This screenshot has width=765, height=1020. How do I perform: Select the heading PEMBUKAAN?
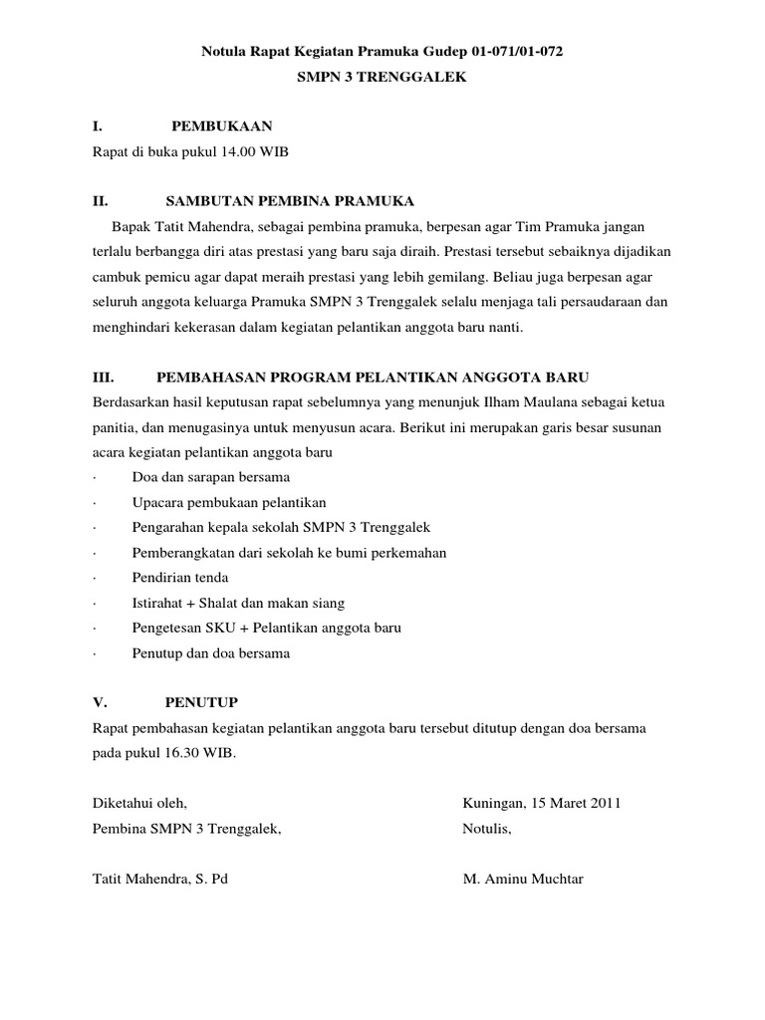click(222, 127)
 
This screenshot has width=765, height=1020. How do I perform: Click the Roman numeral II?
click(99, 202)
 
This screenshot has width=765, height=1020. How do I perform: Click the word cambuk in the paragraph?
click(116, 278)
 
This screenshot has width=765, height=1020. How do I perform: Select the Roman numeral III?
click(103, 378)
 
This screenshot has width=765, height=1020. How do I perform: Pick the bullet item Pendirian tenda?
click(179, 577)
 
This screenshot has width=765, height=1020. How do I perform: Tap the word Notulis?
click(486, 829)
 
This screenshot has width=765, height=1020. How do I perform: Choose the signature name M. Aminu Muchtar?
click(523, 880)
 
